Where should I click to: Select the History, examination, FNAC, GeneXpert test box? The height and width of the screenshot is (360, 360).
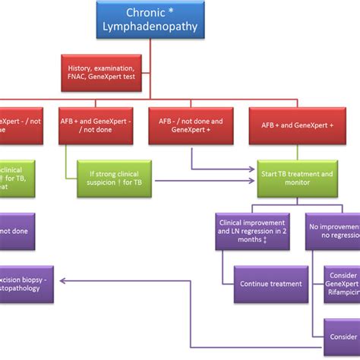pos(102,72)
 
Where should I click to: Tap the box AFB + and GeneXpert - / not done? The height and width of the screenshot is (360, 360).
pos(94,126)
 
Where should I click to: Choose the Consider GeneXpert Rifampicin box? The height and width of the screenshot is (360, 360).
pos(342,284)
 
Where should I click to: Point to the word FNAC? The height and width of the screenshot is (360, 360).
pos(77,77)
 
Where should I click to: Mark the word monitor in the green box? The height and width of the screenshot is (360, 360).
pos(296,184)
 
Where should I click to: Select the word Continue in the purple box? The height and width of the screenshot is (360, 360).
pos(254,284)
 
